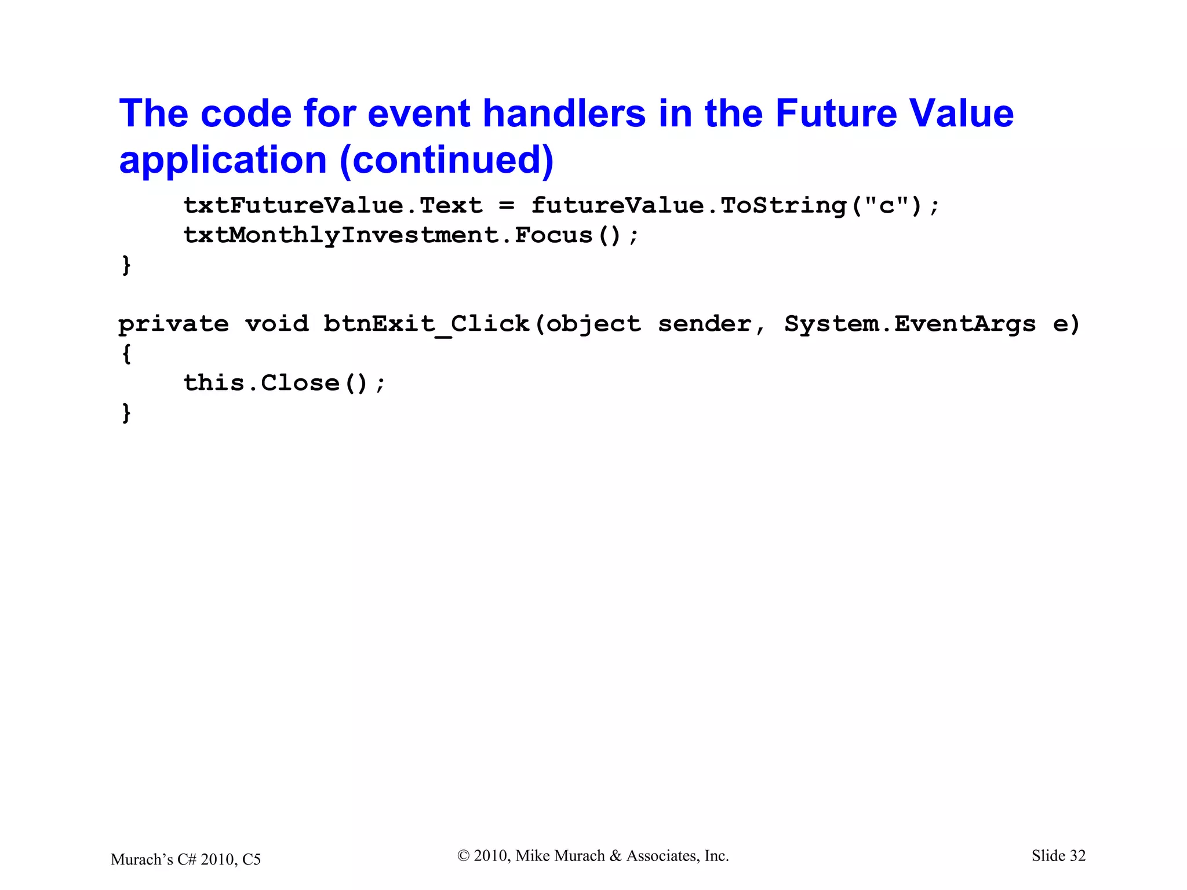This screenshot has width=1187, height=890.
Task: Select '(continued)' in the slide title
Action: click(447, 160)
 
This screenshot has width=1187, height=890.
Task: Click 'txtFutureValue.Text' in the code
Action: click(333, 206)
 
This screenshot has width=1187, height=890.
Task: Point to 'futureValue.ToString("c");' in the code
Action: click(735, 206)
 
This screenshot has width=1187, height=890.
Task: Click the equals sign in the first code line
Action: click(506, 206)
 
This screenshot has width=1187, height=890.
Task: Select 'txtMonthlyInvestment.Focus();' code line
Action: click(411, 235)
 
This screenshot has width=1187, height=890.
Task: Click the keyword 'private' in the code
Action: click(173, 324)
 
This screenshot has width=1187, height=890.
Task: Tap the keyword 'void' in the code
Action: click(276, 324)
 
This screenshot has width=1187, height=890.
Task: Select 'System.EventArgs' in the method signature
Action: click(909, 324)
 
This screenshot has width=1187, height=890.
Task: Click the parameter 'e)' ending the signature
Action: click(1066, 324)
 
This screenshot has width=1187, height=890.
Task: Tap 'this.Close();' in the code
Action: click(284, 383)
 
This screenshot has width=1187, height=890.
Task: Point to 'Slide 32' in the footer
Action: click(1058, 856)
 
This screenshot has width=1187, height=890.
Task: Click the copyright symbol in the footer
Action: click(463, 856)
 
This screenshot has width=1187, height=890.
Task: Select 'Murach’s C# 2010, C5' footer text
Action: click(185, 859)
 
